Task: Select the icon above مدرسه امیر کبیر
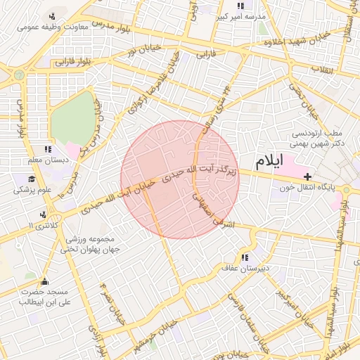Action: coord(240,5)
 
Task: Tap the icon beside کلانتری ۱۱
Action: coord(44,214)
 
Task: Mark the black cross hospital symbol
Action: coord(307,176)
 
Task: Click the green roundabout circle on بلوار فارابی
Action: coord(19,74)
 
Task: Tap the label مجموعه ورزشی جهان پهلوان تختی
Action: coord(89,243)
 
